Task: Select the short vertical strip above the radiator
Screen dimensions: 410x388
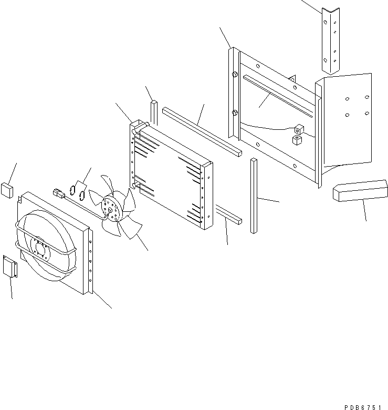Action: tap(154, 111)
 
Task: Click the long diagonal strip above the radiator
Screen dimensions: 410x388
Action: tap(202, 131)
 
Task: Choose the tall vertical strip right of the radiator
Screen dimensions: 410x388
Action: tap(254, 196)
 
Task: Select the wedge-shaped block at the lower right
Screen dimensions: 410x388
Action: tap(360, 190)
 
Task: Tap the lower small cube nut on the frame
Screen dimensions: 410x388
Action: tap(297, 139)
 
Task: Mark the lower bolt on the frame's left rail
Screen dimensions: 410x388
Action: tap(235, 112)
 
